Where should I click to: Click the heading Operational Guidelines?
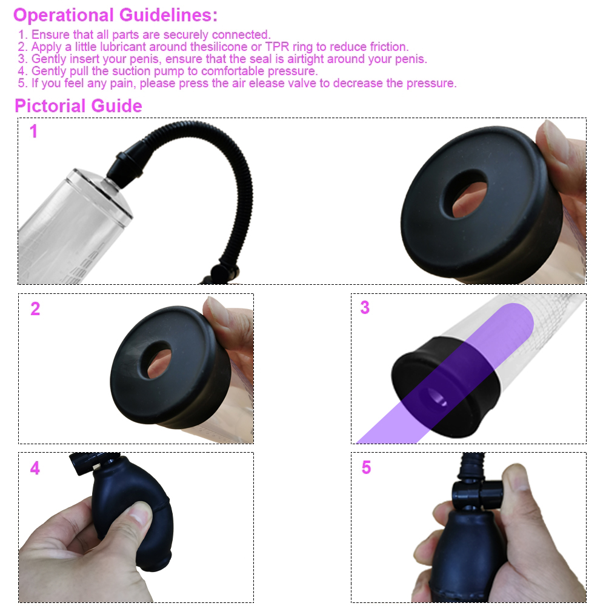coord(115,15)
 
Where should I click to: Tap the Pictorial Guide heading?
coord(78,106)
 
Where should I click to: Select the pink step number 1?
coord(33,132)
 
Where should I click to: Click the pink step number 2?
coord(35,308)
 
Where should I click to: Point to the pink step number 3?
coord(365,308)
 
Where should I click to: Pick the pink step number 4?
coord(35,468)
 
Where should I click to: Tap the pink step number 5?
coord(366,468)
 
